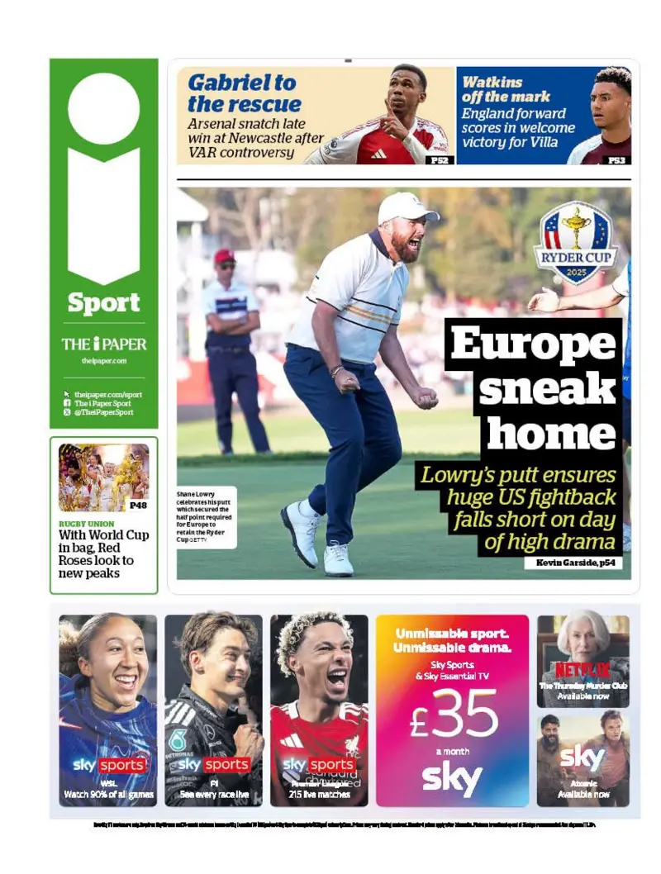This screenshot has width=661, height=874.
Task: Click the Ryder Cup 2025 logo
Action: tap(575, 243)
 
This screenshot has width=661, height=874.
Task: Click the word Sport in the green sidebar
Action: tap(103, 303)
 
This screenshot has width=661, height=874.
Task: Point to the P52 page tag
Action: tap(440, 159)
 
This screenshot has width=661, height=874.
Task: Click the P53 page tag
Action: tap(616, 159)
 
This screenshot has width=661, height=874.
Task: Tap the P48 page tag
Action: tap(138, 504)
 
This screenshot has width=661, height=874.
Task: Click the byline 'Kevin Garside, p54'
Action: tap(573, 563)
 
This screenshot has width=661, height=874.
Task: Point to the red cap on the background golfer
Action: tap(224, 256)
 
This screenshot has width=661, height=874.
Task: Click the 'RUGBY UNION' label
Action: tap(86, 524)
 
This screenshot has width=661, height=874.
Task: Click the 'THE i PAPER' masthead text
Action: tap(103, 344)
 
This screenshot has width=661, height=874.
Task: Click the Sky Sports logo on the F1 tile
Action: tap(213, 765)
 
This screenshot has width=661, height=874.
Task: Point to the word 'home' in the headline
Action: tap(551, 433)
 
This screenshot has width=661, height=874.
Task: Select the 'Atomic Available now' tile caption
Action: tap(583, 789)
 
